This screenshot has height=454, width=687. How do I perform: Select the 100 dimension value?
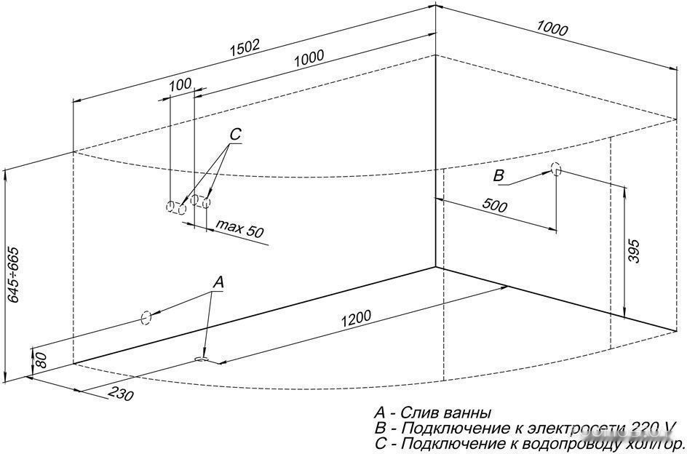point(180,84)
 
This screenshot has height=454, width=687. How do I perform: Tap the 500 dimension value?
point(494,207)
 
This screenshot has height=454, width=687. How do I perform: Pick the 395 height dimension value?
point(635,251)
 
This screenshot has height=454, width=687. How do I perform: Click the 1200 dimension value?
point(356,317)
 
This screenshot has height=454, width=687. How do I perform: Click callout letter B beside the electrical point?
point(499,175)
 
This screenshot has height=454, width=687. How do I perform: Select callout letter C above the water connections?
point(234,135)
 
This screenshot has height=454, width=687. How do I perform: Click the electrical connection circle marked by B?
point(556,169)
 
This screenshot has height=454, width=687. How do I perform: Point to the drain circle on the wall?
point(146,317)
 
